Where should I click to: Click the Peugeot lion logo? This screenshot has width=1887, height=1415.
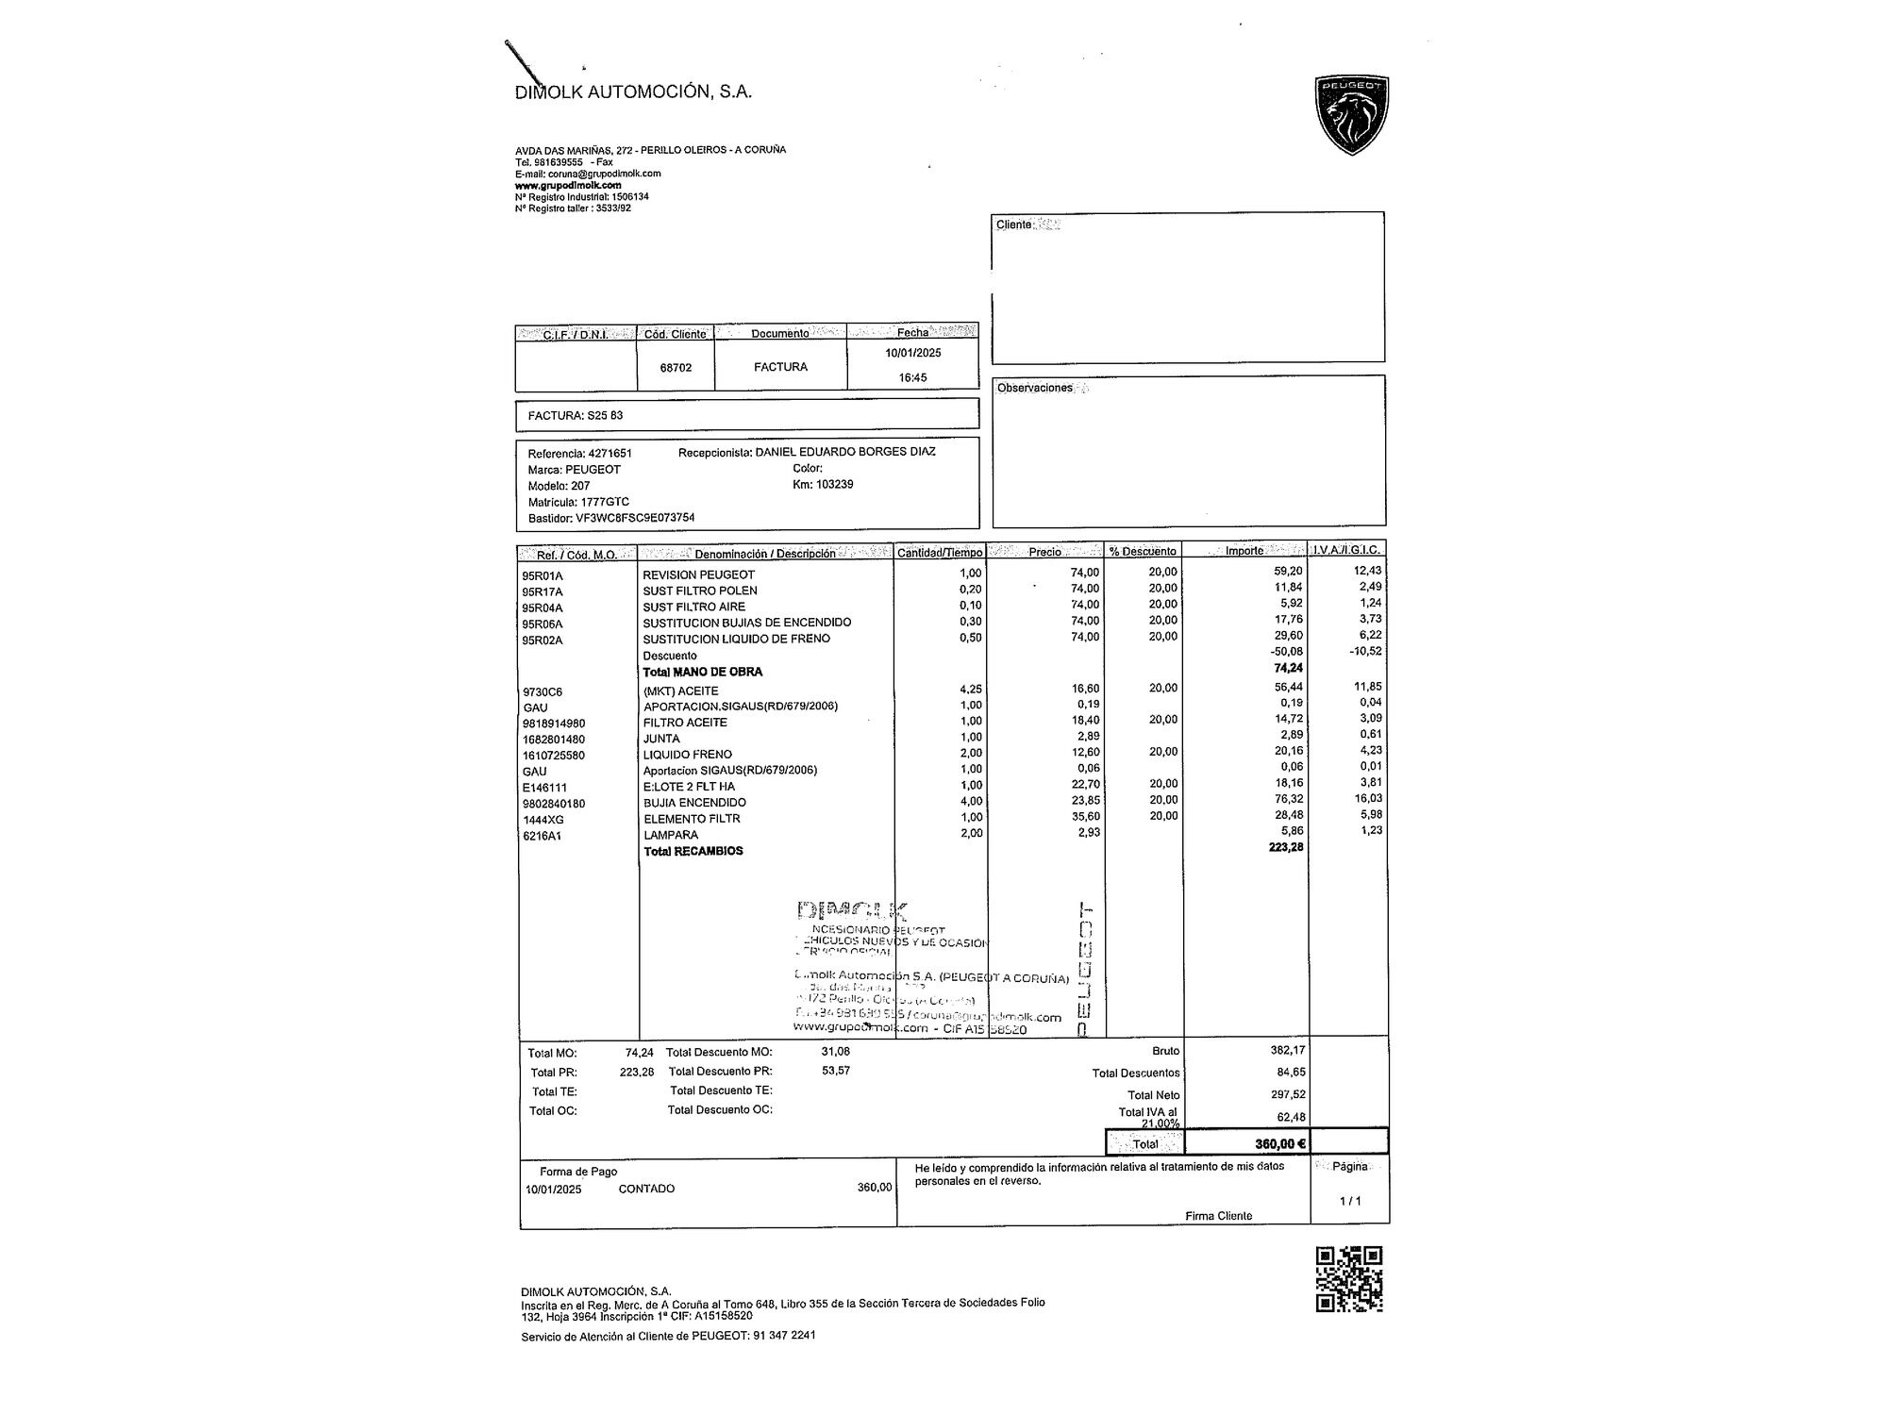[x=1351, y=115]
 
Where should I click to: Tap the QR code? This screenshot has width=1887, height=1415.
[x=1348, y=1278]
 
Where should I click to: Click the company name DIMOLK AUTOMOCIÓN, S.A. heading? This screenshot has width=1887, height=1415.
[x=633, y=92]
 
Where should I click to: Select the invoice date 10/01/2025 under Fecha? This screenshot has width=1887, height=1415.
[x=912, y=353]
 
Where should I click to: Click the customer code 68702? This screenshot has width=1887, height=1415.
[x=676, y=368]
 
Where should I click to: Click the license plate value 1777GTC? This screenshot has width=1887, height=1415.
[x=605, y=502]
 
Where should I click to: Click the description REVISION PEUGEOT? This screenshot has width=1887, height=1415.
[x=698, y=574]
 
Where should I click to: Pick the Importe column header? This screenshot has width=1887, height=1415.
[x=1244, y=551]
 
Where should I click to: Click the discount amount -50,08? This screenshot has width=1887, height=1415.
[x=1287, y=652]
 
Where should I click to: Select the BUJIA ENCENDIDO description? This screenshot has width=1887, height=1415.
[x=694, y=803]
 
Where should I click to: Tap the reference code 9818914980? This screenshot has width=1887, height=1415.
[x=554, y=724]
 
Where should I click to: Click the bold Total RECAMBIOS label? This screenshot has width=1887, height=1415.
[x=693, y=851]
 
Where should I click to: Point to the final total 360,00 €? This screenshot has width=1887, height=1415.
[x=1279, y=1143]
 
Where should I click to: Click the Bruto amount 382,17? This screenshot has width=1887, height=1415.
[x=1287, y=1050]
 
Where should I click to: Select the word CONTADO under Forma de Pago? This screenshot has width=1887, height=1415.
[x=646, y=1189]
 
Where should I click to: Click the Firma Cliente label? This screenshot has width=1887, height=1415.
[x=1218, y=1216]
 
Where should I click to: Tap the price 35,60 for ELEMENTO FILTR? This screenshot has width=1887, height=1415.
[x=1085, y=817]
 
